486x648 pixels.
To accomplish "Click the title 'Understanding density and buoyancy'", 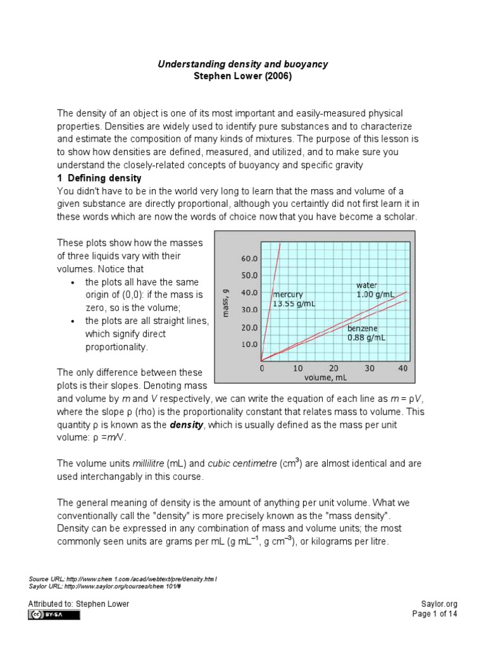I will tap(242, 65).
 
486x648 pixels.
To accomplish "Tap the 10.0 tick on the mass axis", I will tap(249, 345).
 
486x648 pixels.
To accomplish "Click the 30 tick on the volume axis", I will tap(370, 368).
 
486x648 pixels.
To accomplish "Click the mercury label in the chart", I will tap(289, 295).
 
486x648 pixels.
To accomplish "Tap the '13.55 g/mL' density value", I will tap(294, 304).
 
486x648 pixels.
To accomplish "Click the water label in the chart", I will tap(367, 285).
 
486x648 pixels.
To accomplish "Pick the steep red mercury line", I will tap(271, 297).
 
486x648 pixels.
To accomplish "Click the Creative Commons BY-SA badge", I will tap(54, 614).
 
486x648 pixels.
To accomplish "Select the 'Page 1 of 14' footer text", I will tap(435, 614).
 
